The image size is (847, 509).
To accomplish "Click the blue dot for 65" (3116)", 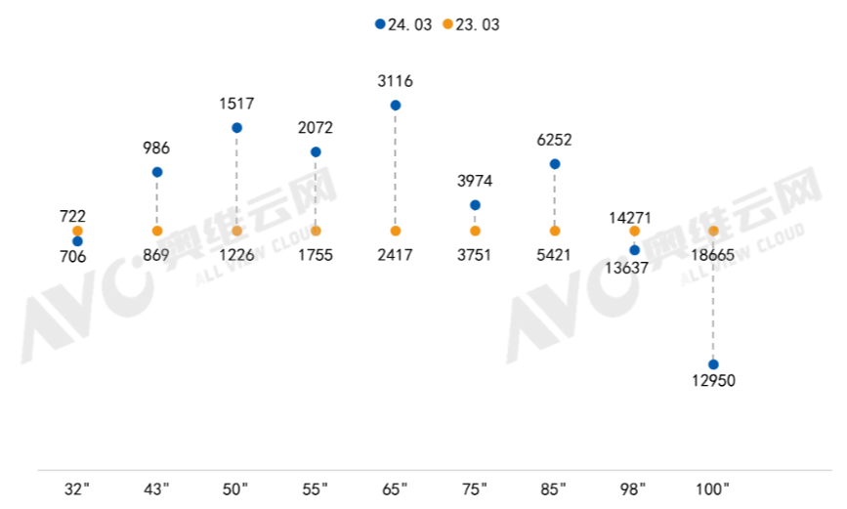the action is coord(396,106).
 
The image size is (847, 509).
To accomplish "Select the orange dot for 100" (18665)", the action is coord(713,232).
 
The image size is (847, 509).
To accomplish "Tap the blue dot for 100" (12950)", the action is coord(713,364).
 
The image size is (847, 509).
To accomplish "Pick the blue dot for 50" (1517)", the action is coord(236,128).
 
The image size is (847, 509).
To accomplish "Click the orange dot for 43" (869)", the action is coord(157,232).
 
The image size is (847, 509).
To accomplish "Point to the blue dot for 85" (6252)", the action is coord(555,164).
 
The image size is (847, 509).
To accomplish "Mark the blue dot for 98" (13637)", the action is coord(635,250).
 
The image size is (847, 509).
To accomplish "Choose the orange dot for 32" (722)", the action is coord(78,232).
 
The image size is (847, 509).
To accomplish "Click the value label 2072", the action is coord(316,128).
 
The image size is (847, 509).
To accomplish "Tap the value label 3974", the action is coord(475,181).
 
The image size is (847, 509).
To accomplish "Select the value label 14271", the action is coord(630,218).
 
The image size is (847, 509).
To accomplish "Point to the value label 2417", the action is coord(395,255).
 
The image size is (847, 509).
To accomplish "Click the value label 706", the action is coord(73,257).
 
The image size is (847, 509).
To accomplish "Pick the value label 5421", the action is coord(554,255).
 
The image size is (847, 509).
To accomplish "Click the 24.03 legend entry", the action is coord(403,24).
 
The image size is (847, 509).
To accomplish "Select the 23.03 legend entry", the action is coord(471,24).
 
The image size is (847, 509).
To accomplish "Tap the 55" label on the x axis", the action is coord(315,489).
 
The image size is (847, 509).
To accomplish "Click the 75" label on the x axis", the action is coord(474,489).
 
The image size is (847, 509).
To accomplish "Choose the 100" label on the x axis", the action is coord(712,489).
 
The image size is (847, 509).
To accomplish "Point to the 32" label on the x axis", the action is coord(77,489).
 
